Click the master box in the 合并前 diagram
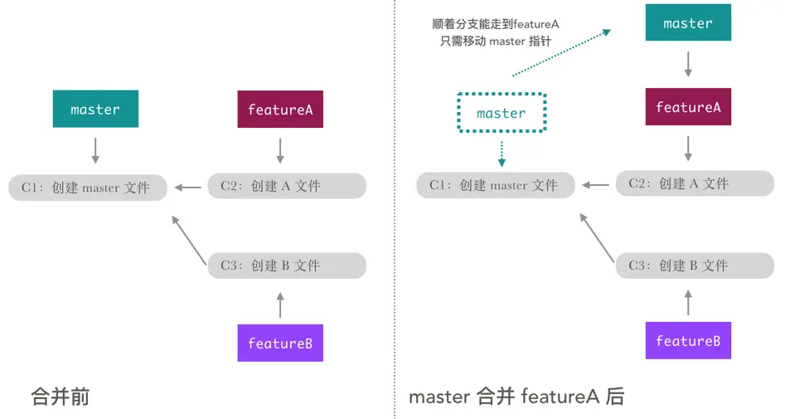point(95,110)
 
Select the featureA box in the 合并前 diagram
point(280,110)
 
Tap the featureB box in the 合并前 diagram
point(280,343)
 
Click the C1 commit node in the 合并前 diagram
point(87,188)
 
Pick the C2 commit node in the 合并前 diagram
point(287,186)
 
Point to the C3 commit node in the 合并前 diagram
point(287,266)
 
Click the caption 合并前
point(60,397)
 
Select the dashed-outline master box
point(501,113)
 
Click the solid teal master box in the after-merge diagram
point(688,24)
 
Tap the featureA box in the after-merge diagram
point(688,107)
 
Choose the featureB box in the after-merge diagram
point(688,341)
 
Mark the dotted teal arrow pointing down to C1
point(501,151)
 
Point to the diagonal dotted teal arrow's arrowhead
point(606,32)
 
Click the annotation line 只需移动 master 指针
point(496,41)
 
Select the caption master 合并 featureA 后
point(516,397)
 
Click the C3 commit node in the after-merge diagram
point(695,266)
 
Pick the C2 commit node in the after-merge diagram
point(695,183)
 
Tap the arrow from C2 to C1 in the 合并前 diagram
point(188,188)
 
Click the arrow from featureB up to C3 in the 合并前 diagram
point(280,305)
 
